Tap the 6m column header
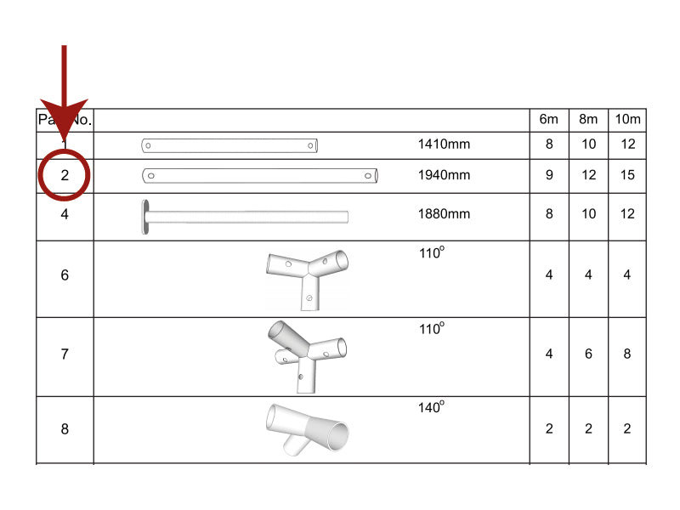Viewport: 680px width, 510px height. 549,120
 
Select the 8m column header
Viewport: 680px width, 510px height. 588,120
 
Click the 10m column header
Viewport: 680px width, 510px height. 627,120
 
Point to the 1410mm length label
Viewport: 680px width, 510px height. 444,144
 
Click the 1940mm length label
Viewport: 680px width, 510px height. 444,176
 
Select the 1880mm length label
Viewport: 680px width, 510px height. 444,214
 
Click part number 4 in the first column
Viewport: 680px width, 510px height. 65,214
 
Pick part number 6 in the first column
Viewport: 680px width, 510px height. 65,275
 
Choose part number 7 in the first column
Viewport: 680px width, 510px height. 65,354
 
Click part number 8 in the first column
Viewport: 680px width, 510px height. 65,429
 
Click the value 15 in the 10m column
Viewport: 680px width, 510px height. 627,176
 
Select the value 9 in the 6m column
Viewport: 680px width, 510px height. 549,176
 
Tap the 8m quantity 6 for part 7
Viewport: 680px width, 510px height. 588,354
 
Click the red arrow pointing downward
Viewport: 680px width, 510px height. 65,93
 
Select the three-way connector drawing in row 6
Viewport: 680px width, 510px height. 307,275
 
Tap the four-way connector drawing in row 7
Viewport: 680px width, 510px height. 307,354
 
